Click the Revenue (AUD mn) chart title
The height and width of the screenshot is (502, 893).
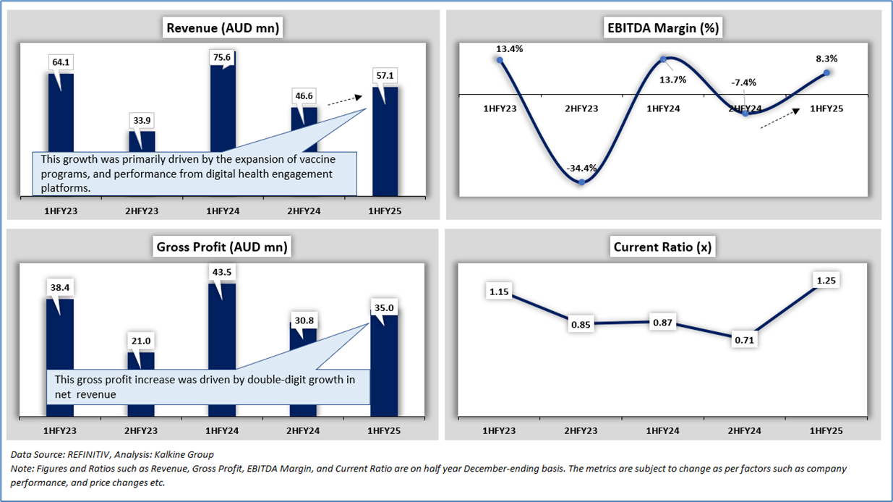pyautogui.click(x=223, y=28)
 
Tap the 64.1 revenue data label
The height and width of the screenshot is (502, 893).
pyautogui.click(x=61, y=62)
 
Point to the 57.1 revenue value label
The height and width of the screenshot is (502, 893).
pyautogui.click(x=385, y=75)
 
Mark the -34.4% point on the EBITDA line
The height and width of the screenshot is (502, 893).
pyautogui.click(x=582, y=182)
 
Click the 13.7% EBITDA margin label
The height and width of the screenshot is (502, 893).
pyautogui.click(x=672, y=80)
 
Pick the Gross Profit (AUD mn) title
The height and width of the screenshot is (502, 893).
pyautogui.click(x=222, y=247)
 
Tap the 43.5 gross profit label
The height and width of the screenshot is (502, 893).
pyautogui.click(x=223, y=272)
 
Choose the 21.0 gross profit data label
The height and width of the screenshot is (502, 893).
pyautogui.click(x=142, y=340)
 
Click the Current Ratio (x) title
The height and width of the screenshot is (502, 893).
pyautogui.click(x=662, y=247)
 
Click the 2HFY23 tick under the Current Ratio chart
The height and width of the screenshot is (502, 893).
pyautogui.click(x=581, y=431)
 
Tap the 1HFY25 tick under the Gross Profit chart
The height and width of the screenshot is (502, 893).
pyautogui.click(x=385, y=431)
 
